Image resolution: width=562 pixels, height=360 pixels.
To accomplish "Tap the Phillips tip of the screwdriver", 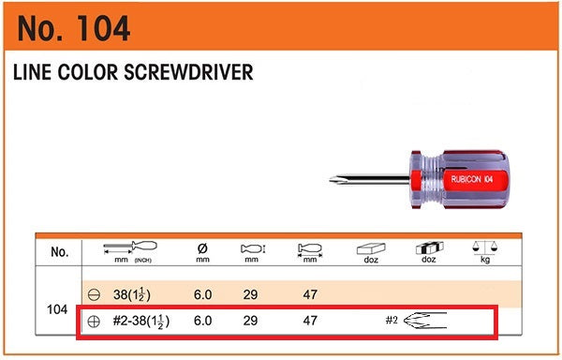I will coord(335,180).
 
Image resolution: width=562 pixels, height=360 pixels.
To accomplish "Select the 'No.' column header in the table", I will coord(60,252).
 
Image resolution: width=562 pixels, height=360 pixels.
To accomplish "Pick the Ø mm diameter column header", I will coord(202,252).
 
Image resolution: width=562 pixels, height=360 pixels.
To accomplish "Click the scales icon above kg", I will coord(485,247).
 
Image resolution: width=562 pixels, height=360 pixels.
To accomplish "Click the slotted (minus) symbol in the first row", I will coord(94,293).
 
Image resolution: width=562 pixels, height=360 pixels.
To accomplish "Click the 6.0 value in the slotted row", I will coord(202,293).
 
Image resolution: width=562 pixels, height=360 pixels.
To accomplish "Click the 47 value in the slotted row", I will coord(309,293).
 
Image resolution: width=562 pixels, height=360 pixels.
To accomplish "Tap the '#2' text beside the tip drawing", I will coord(392,321).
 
